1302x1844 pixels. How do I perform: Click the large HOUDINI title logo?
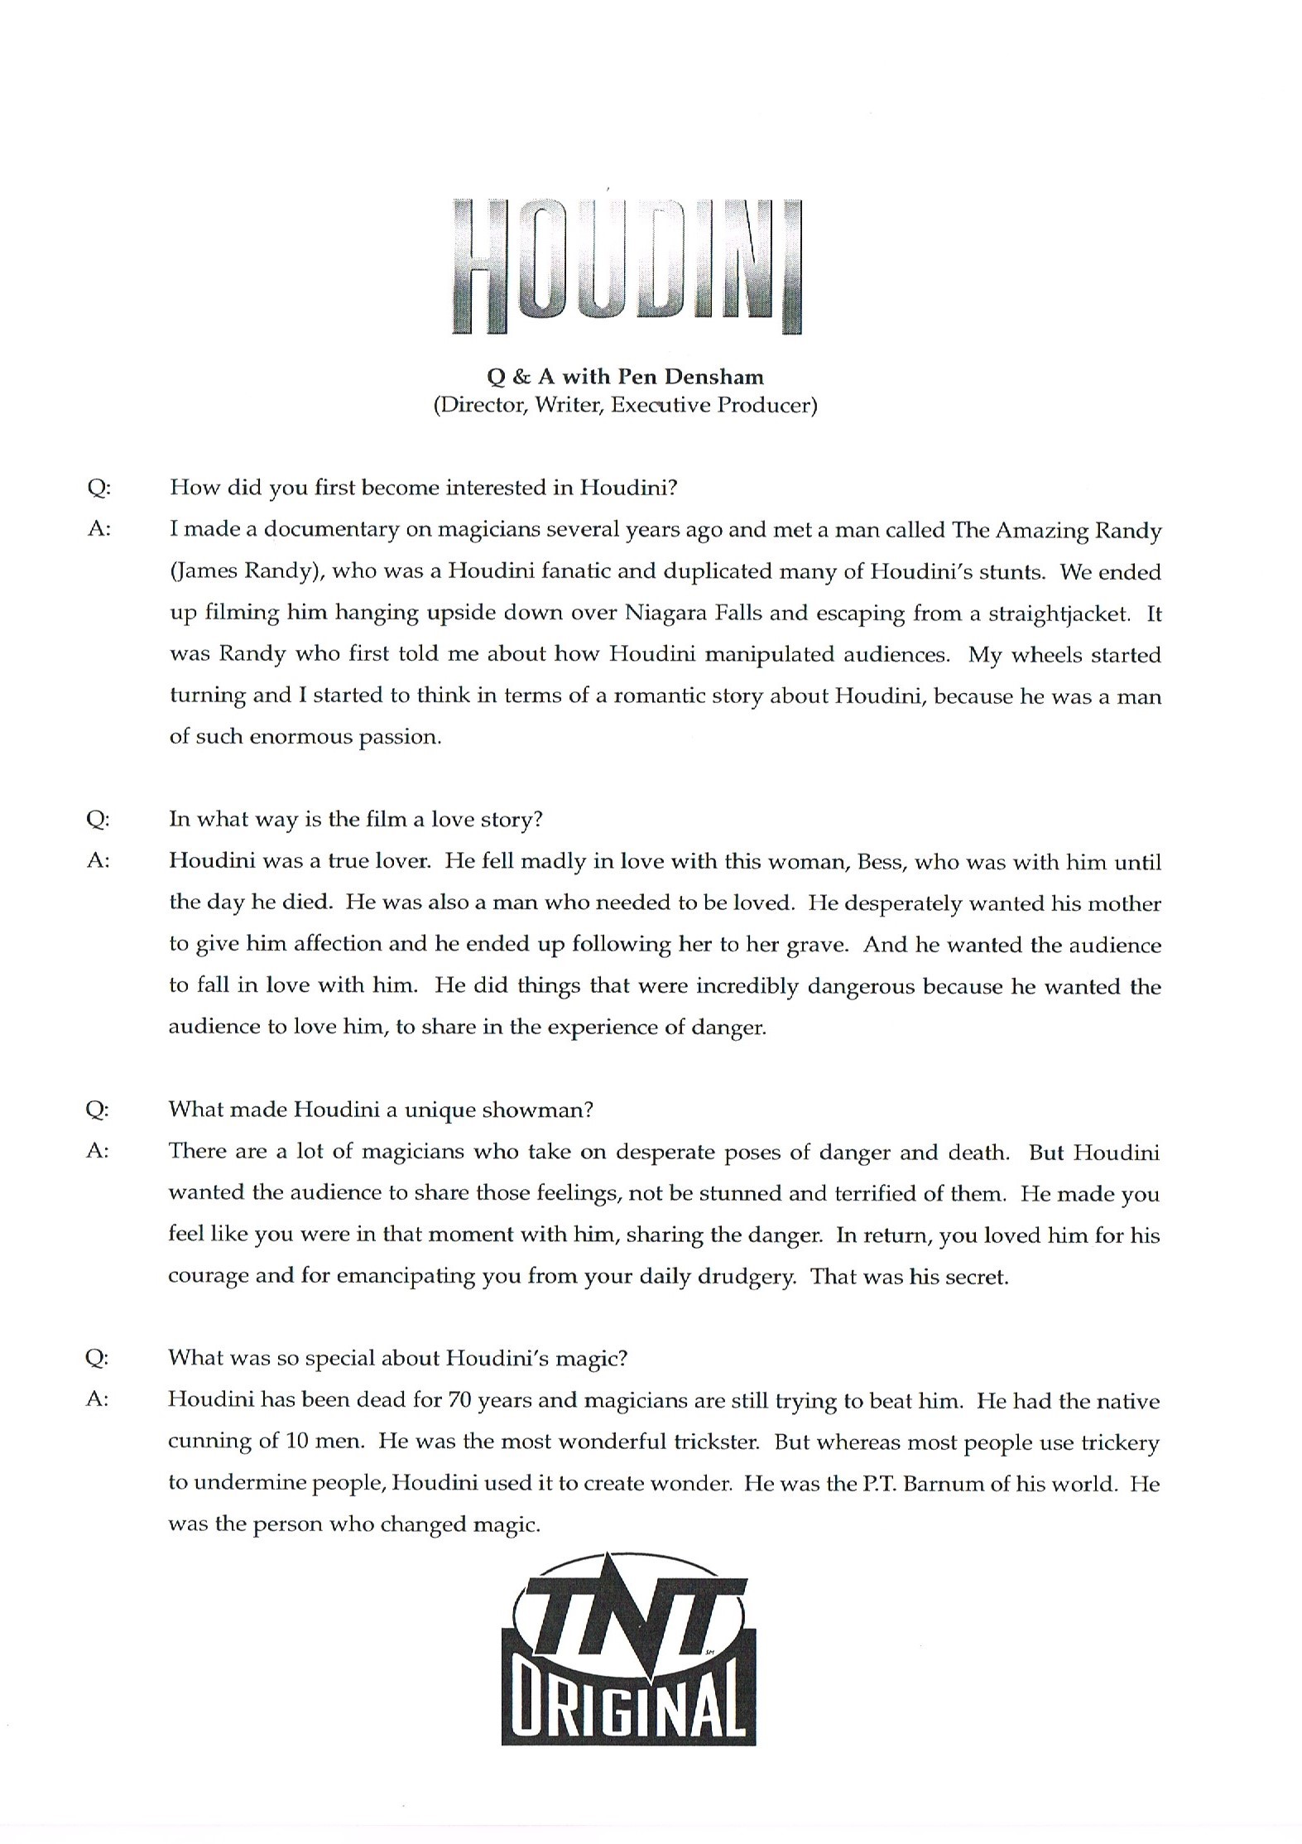[627, 265]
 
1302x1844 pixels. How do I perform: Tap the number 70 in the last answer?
[459, 1401]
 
